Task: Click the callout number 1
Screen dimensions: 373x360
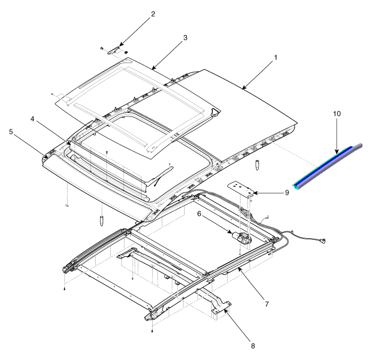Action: (x=276, y=57)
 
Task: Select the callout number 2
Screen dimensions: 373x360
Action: (x=153, y=14)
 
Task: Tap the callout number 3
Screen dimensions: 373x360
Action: (x=185, y=38)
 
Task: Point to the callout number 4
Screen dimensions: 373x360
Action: (x=32, y=119)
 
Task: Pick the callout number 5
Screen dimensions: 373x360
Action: (x=11, y=132)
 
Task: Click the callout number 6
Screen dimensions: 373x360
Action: (x=199, y=214)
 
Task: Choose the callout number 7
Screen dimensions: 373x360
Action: (x=267, y=304)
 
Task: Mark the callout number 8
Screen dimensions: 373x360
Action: (x=253, y=346)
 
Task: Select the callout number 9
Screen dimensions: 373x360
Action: (x=287, y=192)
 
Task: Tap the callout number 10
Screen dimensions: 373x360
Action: (x=337, y=114)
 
